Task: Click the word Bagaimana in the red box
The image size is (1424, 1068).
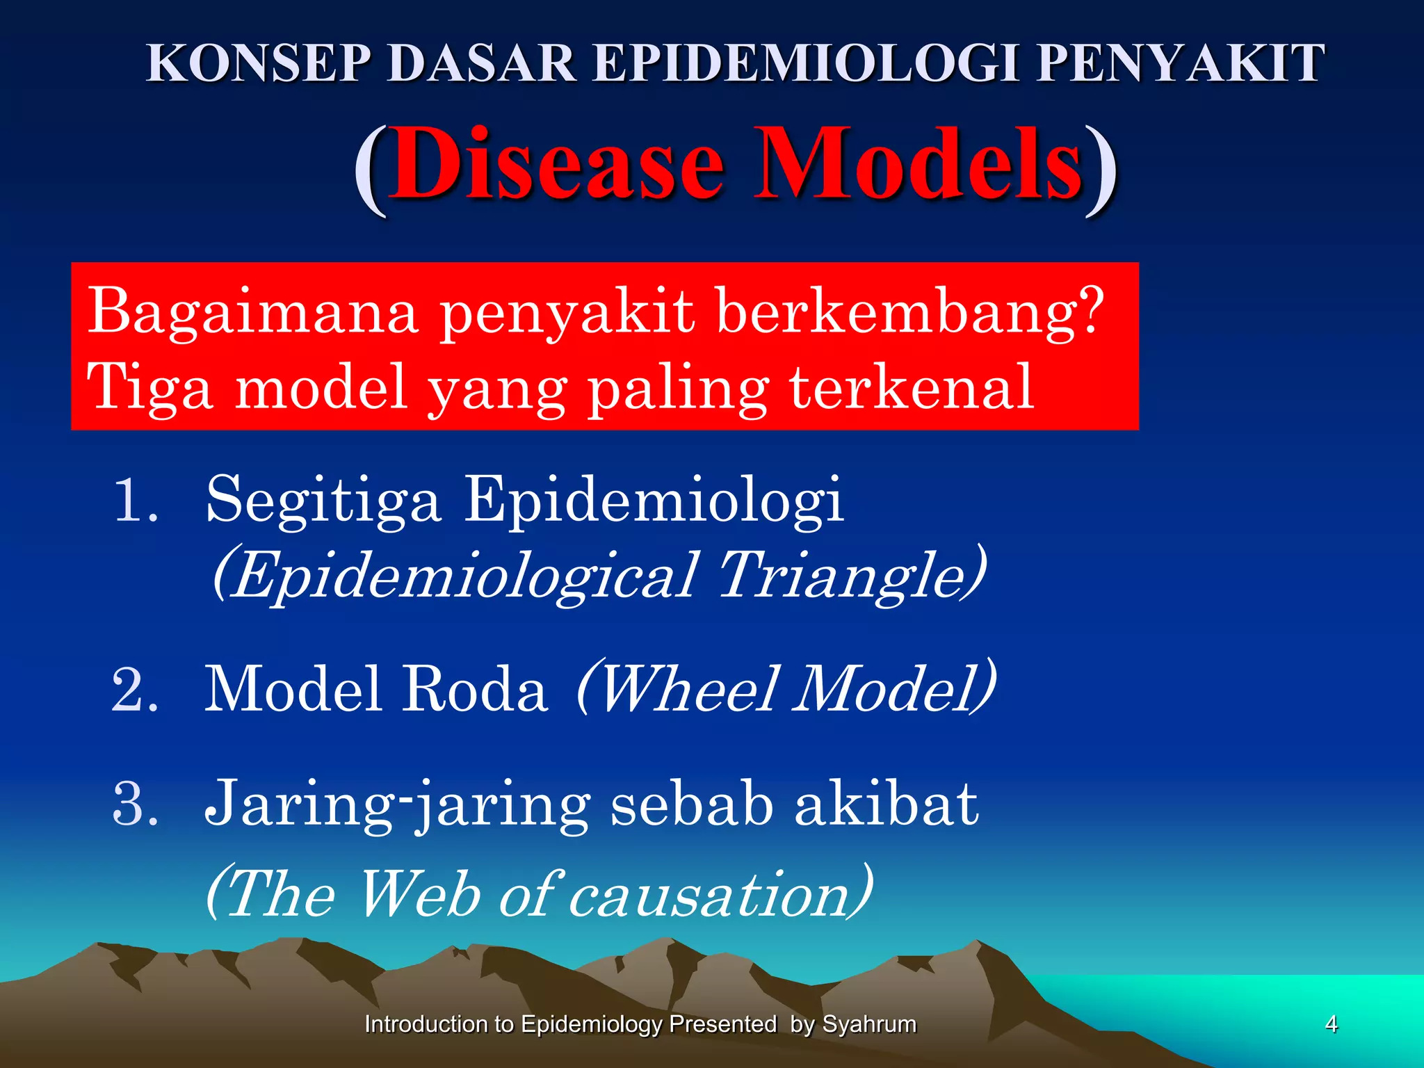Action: [252, 311]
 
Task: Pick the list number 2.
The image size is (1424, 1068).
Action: [133, 689]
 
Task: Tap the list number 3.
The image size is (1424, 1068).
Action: [133, 804]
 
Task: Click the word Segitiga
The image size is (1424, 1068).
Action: [323, 501]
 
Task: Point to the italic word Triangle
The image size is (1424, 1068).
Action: [845, 575]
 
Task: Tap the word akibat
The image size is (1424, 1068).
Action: [887, 804]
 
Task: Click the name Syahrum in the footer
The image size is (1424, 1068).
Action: [869, 1024]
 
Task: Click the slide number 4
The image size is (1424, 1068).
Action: [1331, 1024]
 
